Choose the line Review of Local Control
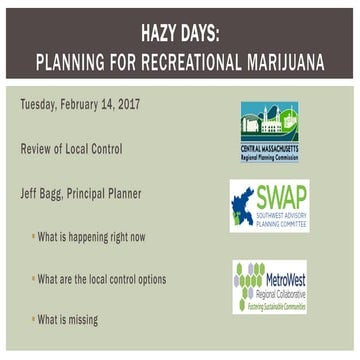tap(72, 148)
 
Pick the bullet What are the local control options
tap(102, 279)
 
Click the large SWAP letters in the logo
tap(282, 197)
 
